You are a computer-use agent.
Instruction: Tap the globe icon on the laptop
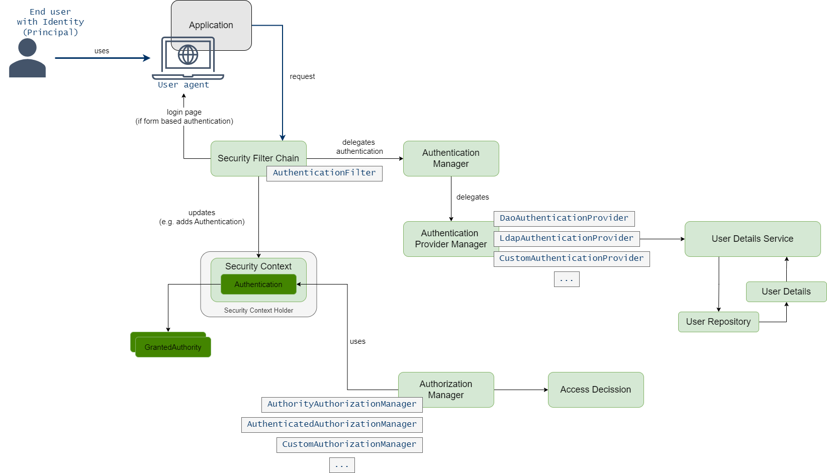188,55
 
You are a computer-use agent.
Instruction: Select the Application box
211,20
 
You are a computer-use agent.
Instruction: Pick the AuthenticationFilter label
324,173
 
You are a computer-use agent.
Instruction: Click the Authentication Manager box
451,158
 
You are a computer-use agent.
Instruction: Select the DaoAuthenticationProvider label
564,218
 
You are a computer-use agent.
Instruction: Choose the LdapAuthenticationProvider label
566,238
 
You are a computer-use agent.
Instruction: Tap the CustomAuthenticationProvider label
571,258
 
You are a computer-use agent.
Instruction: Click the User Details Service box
752,239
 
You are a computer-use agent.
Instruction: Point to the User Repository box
718,322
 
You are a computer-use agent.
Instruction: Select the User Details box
786,292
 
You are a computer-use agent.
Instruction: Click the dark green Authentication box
258,285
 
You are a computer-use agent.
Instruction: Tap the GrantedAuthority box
173,347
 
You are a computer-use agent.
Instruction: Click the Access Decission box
595,390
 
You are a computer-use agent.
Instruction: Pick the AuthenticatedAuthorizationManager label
332,424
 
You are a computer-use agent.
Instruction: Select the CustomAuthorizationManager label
349,444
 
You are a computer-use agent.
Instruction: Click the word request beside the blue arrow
302,76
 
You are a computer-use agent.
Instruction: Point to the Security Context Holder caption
258,311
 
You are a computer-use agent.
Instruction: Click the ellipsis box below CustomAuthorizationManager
342,465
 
